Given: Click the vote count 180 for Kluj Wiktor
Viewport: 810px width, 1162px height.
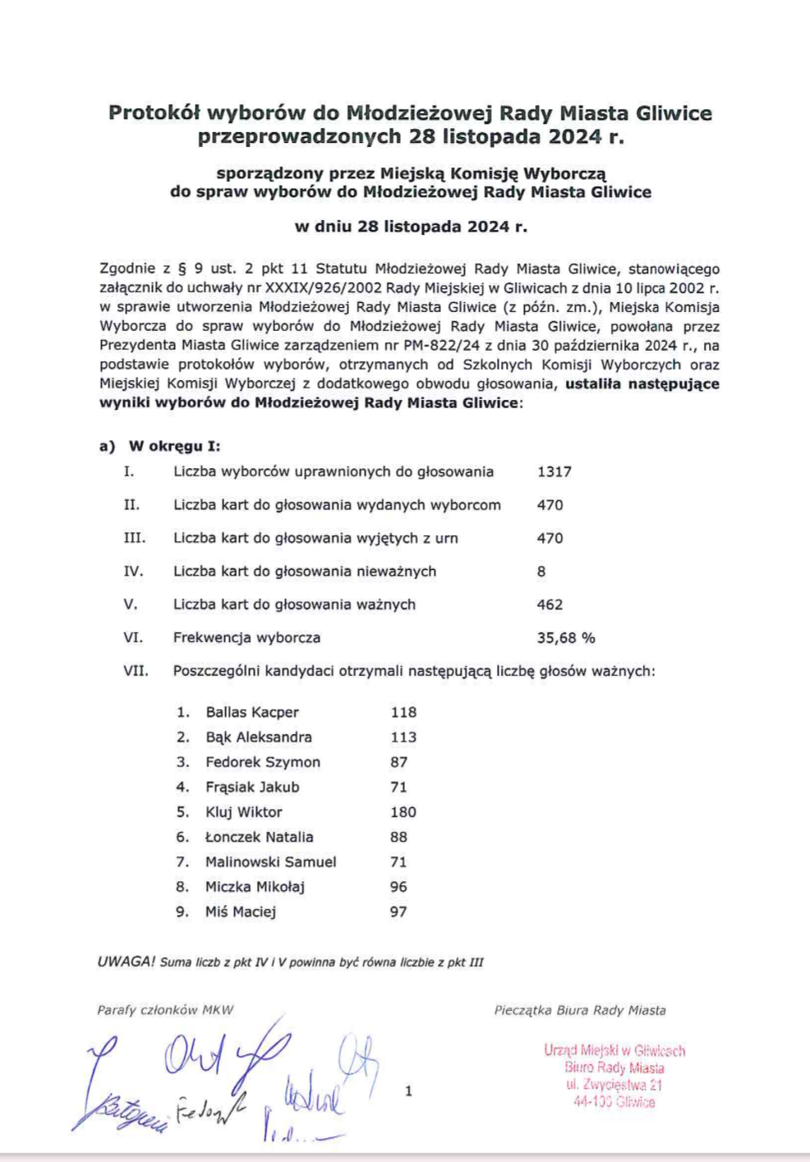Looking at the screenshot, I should click(403, 812).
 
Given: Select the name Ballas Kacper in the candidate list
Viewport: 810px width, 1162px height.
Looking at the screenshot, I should click(252, 713).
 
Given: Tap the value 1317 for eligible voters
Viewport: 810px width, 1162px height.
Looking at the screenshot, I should click(555, 472).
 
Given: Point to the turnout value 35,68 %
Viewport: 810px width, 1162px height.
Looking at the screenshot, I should click(566, 638).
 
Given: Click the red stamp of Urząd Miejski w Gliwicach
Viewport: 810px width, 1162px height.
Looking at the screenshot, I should click(614, 1076).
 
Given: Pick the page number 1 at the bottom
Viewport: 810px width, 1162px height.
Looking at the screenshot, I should click(409, 1091).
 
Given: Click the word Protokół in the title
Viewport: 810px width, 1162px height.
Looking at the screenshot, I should click(154, 113).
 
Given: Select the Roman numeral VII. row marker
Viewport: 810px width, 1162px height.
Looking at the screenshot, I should click(136, 671).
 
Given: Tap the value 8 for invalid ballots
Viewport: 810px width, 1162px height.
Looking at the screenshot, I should click(541, 572).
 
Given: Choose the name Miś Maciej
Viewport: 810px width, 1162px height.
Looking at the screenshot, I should click(241, 912).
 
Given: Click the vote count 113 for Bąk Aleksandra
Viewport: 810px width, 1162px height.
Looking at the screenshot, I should click(403, 737).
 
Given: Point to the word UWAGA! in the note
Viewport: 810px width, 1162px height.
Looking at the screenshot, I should click(126, 962).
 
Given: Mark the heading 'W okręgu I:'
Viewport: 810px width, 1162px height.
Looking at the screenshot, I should click(174, 447).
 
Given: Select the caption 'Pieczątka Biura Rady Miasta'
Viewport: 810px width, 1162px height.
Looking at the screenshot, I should click(580, 1010).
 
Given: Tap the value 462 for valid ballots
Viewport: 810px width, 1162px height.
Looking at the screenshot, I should click(550, 604).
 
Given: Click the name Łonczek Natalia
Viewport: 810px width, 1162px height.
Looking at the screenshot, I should click(260, 837).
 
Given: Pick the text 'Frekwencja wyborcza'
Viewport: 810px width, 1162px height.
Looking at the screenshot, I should click(246, 638).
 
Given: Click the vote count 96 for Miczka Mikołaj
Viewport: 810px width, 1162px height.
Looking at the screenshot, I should click(398, 887).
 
